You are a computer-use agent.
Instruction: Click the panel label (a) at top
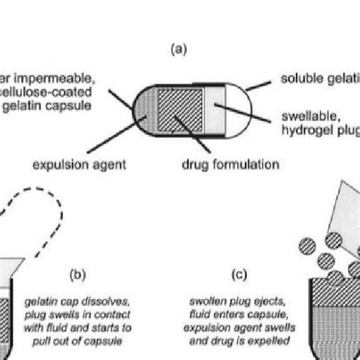click(179, 51)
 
